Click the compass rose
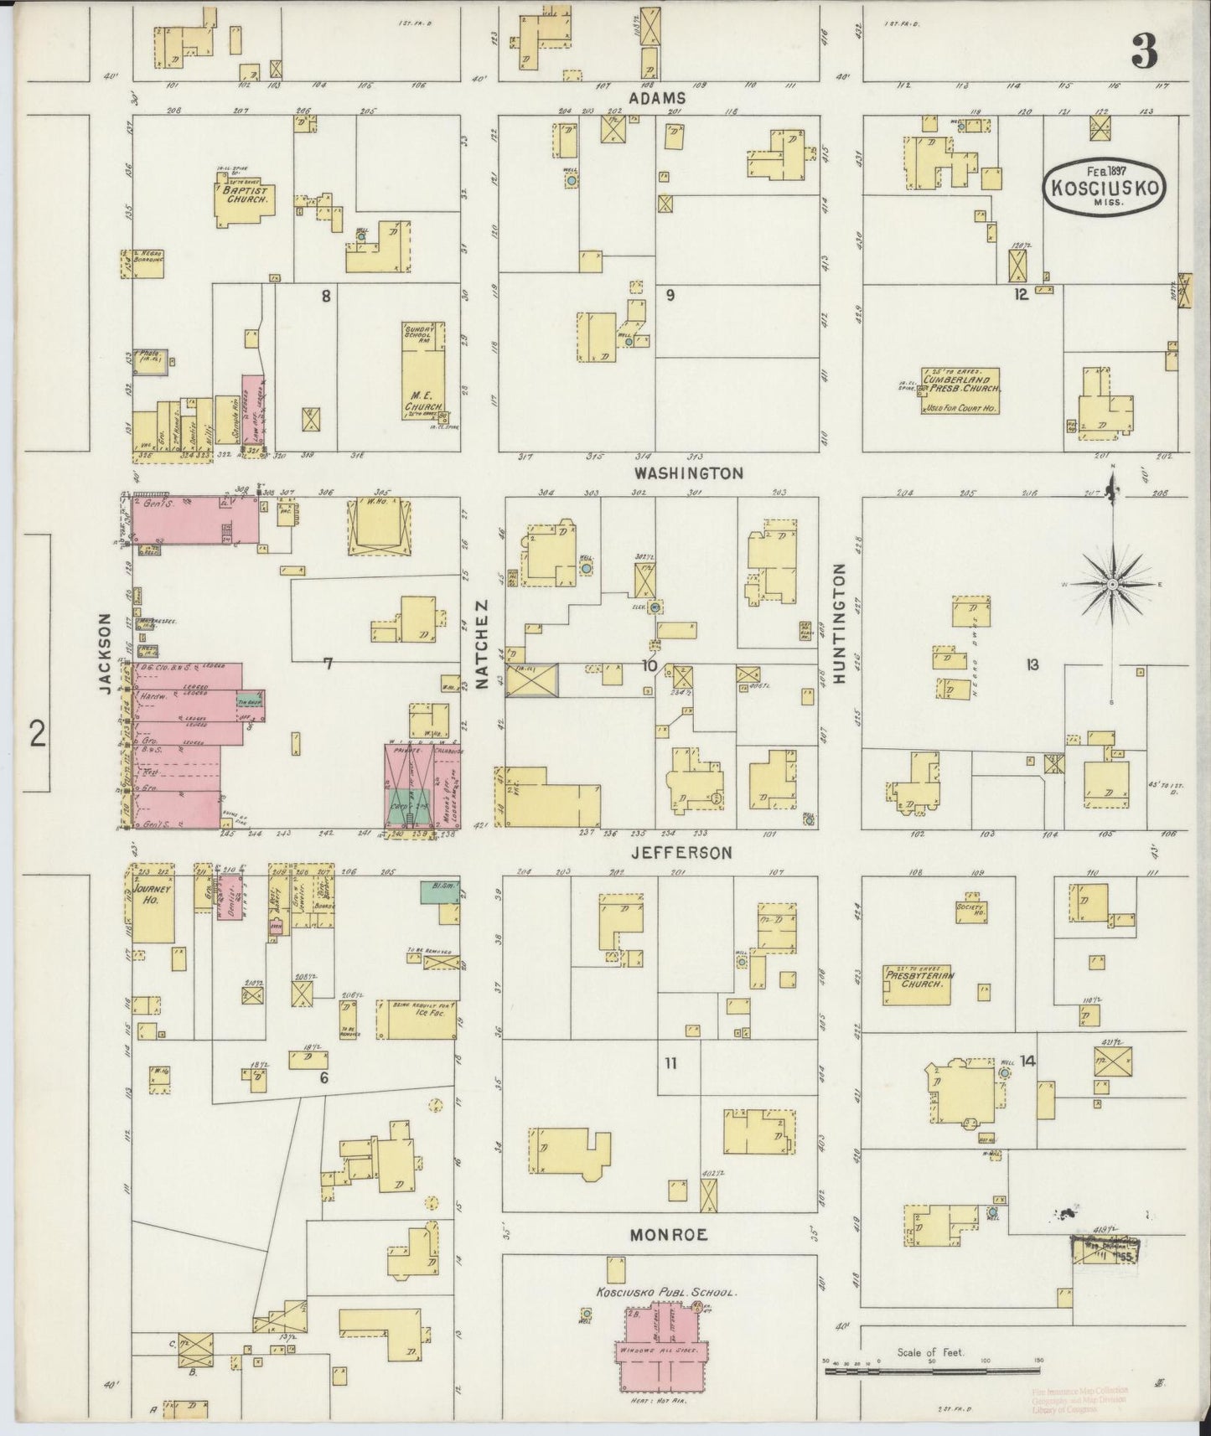click(1111, 584)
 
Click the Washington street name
click(687, 473)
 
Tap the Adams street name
click(657, 98)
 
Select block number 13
click(1032, 664)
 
